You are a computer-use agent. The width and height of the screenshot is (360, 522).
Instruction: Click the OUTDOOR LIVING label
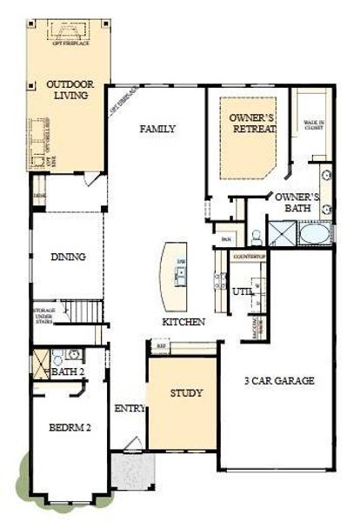pyautogui.click(x=67, y=90)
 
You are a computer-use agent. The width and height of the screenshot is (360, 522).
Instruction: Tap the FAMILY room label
pyautogui.click(x=158, y=129)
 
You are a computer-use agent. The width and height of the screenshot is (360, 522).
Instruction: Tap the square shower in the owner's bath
pyautogui.click(x=281, y=232)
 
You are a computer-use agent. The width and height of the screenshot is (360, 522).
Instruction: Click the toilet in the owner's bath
pyautogui.click(x=257, y=235)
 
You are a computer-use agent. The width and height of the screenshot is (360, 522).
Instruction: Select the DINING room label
pyautogui.click(x=68, y=257)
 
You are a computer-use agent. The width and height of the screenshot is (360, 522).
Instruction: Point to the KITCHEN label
pyautogui.click(x=183, y=322)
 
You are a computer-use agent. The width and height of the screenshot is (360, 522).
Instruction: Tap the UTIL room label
pyautogui.click(x=242, y=291)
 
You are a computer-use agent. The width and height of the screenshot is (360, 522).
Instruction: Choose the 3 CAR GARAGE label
pyautogui.click(x=277, y=380)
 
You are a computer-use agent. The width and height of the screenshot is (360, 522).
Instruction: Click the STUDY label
pyautogui.click(x=185, y=393)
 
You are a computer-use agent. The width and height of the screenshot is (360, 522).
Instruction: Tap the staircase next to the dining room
pyautogui.click(x=85, y=310)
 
